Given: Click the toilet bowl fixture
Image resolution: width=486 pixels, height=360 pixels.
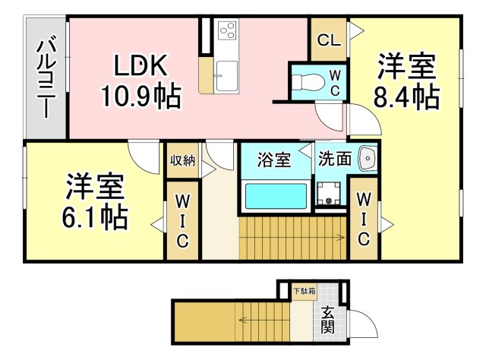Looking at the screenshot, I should click(308, 80).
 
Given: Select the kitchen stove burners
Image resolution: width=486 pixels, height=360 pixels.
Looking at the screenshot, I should click(226, 30).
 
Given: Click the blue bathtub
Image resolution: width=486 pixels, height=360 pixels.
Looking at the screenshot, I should click(275, 196).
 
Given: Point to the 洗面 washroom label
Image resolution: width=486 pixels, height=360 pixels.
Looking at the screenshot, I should click(334, 160).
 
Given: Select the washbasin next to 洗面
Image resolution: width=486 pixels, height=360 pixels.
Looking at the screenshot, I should click(368, 159).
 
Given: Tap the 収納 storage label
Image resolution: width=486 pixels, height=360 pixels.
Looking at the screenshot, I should click(182, 160).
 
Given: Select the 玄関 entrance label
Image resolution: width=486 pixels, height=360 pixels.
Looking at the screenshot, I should click(327, 320).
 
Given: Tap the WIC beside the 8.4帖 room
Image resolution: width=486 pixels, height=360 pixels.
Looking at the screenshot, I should click(364, 220).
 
